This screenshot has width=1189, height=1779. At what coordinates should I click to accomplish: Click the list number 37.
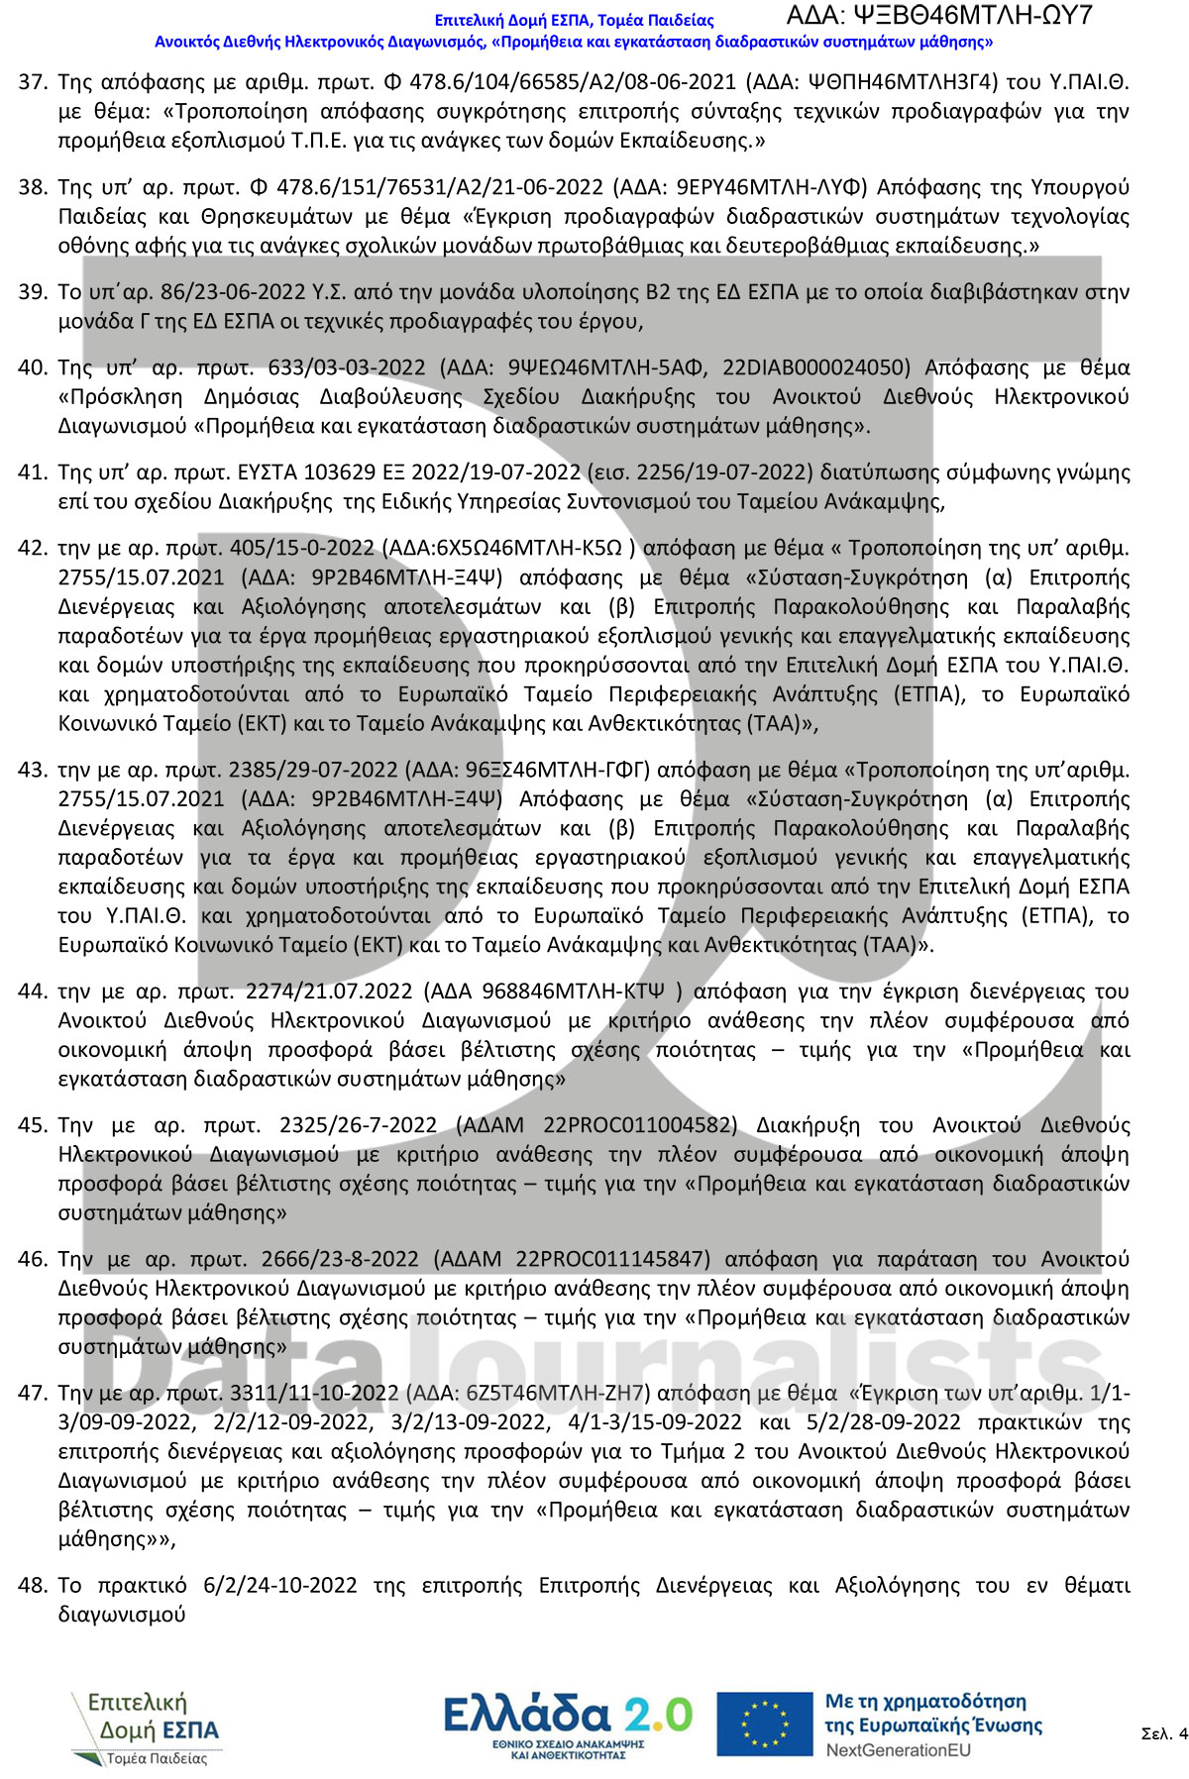[32, 82]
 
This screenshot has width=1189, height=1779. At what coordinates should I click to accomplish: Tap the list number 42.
[32, 549]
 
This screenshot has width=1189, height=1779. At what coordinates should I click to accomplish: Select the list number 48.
[32, 1586]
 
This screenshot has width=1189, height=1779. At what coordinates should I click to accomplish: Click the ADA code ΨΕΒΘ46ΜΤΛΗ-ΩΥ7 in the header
[938, 16]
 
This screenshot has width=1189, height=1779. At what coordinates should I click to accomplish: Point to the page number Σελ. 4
[1163, 1733]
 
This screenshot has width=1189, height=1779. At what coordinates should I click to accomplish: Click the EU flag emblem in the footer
[764, 1725]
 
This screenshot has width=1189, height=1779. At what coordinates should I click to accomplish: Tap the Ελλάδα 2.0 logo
[568, 1725]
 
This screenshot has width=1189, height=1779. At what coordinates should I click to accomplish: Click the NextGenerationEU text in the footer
[898, 1750]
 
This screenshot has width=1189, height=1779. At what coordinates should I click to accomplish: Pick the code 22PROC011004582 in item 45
[640, 1126]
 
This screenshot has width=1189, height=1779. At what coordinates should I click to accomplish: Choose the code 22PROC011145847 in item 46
[612, 1260]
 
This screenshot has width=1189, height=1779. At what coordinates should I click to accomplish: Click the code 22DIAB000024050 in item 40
[816, 368]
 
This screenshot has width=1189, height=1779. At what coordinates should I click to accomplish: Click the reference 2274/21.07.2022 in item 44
[329, 992]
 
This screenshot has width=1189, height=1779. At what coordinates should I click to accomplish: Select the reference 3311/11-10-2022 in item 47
[314, 1394]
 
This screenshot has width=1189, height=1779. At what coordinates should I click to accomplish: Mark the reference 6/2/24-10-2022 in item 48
[280, 1586]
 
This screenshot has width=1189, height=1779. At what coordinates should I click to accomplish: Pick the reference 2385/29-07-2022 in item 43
[313, 771]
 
